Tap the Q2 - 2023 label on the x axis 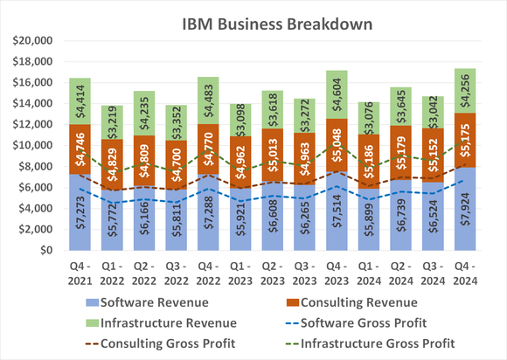[271, 270]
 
